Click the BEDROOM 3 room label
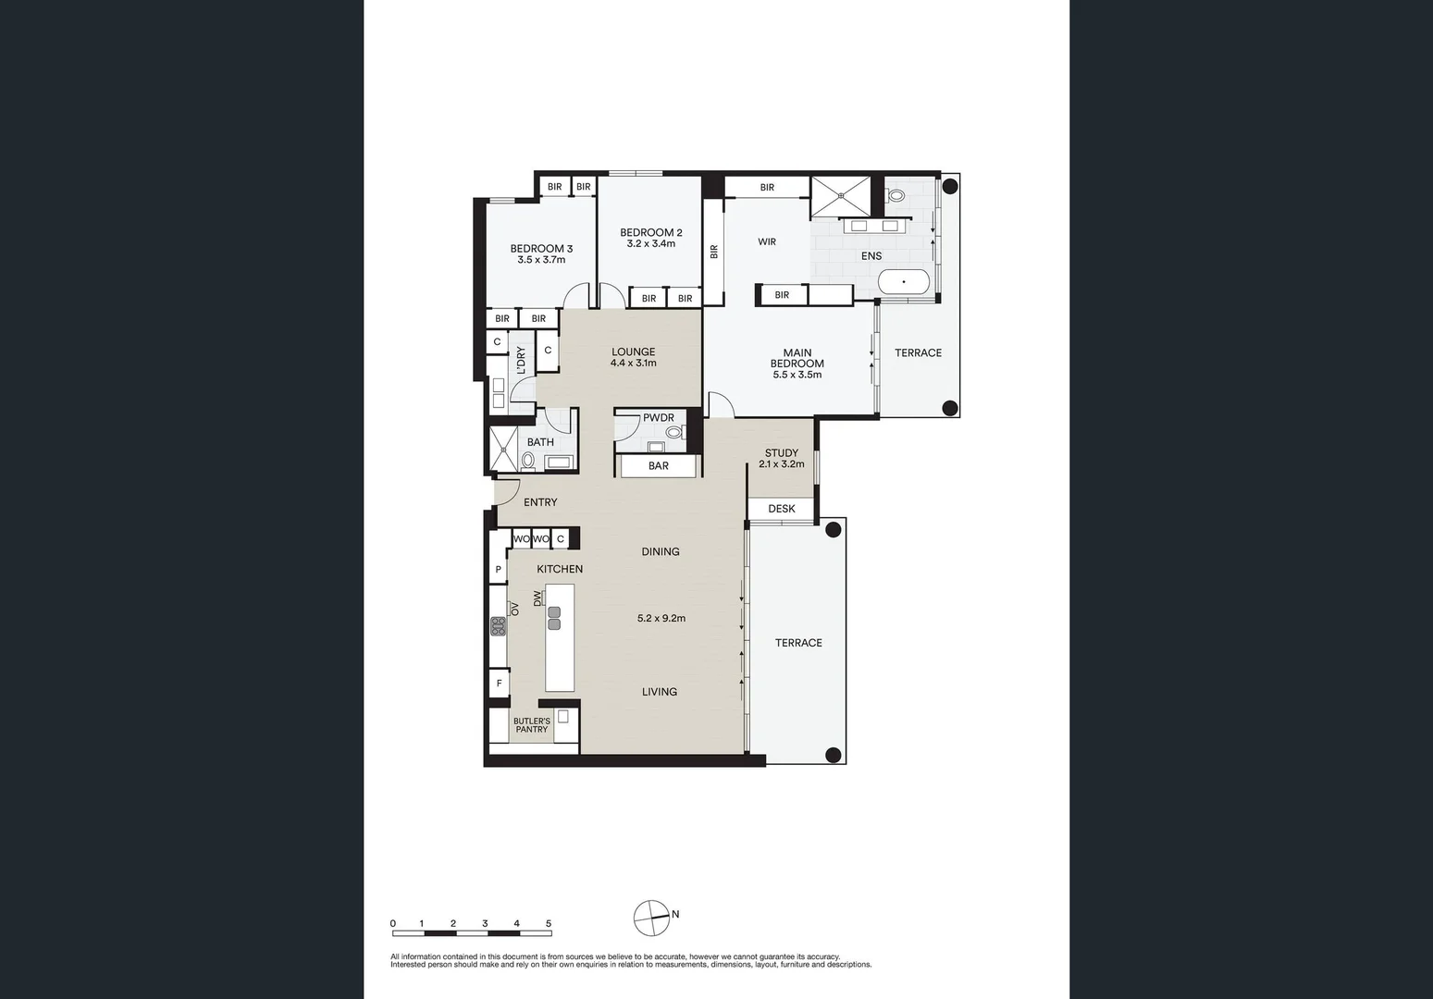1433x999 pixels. click(541, 249)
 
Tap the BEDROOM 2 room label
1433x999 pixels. click(650, 233)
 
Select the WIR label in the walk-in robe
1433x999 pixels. click(767, 242)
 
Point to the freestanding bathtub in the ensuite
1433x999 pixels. click(903, 282)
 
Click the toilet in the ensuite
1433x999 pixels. click(895, 196)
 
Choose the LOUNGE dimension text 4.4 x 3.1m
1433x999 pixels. click(633, 364)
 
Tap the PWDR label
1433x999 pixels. click(659, 418)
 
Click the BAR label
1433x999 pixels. click(658, 466)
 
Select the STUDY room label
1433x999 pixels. click(781, 453)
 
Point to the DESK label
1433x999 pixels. click(781, 509)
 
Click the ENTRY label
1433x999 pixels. click(540, 502)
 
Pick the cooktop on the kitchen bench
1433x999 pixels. click(499, 626)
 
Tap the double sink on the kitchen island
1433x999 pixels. click(554, 618)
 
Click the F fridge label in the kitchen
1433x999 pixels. click(499, 684)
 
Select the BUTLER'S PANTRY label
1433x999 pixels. click(532, 725)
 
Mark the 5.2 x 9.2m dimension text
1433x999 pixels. click(661, 619)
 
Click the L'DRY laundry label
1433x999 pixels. click(521, 360)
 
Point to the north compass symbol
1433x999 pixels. click(651, 918)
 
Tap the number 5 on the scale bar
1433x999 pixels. click(549, 923)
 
